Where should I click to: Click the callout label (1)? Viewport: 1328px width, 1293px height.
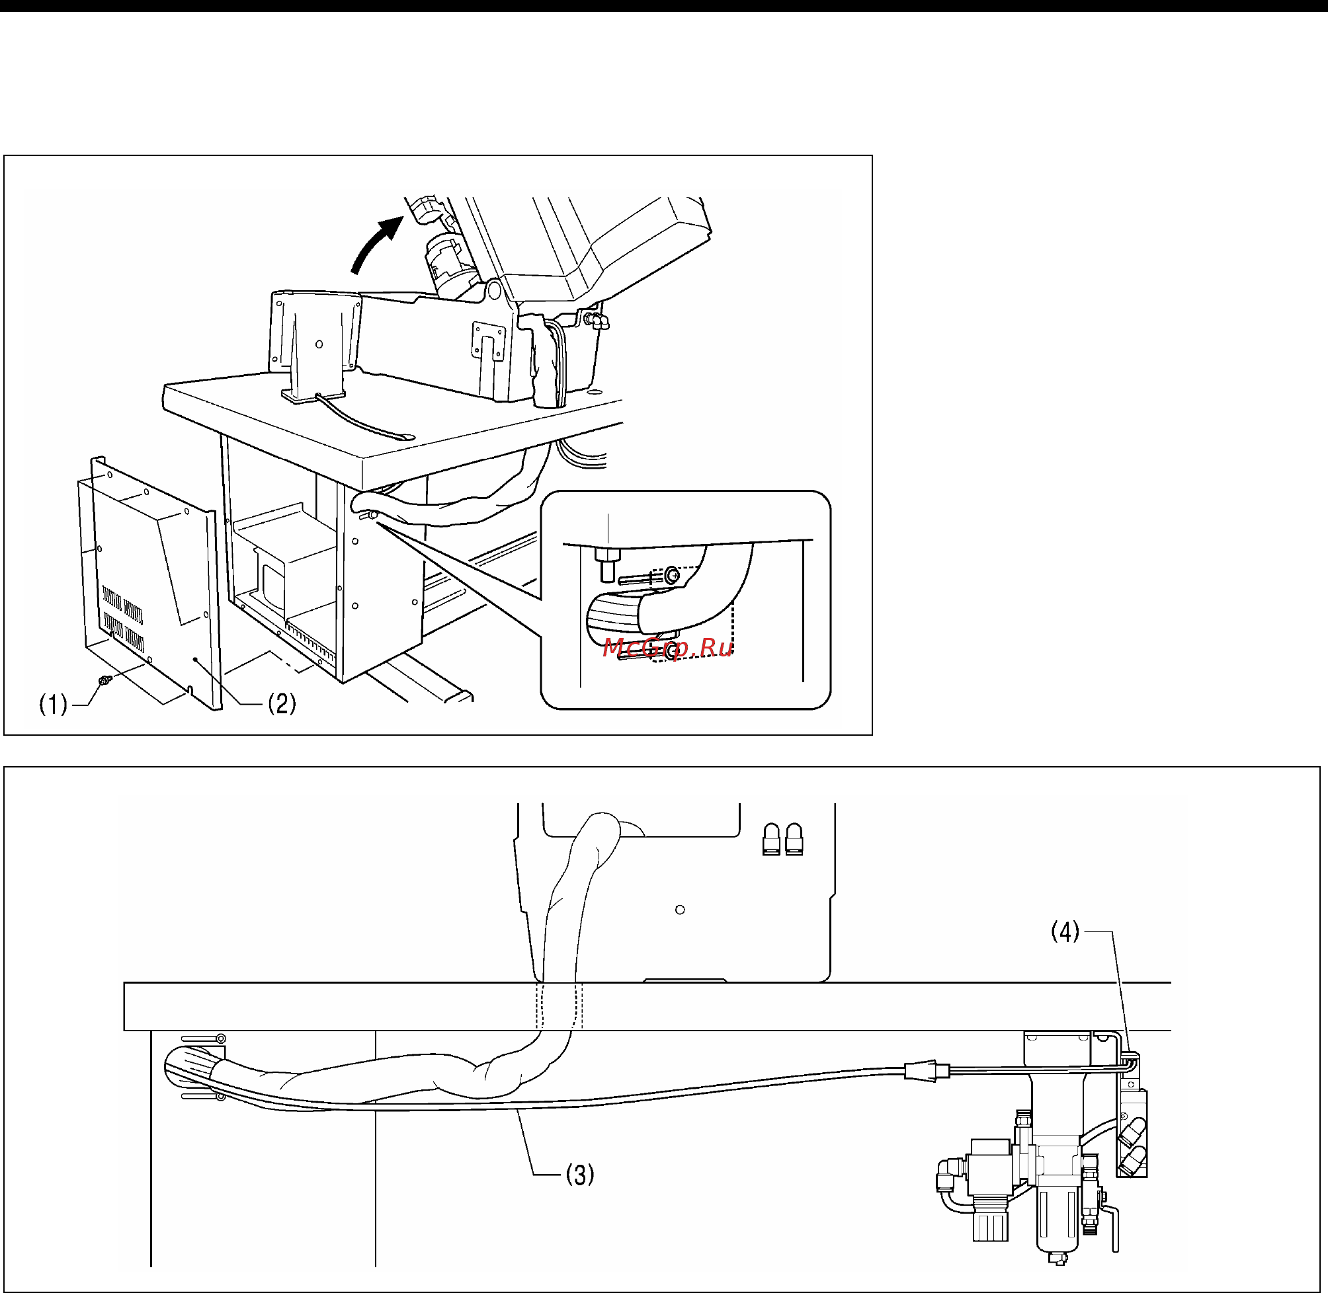[x=53, y=705]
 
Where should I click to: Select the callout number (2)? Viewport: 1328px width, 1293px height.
[x=281, y=703]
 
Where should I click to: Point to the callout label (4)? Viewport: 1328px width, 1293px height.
[x=1065, y=931]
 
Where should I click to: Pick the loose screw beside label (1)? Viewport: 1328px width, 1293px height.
[x=104, y=680]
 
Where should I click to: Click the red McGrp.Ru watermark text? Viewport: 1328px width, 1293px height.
[x=667, y=648]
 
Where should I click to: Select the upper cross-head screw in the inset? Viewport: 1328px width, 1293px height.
[x=672, y=575]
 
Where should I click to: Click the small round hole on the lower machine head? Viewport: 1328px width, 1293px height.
[x=680, y=910]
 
